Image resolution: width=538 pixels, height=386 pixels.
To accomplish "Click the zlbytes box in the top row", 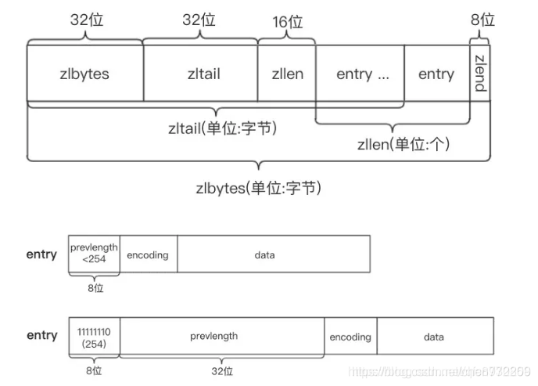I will (x=84, y=74).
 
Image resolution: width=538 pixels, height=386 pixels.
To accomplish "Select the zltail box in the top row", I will (x=200, y=74).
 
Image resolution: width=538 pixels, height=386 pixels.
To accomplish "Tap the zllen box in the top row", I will (x=286, y=74).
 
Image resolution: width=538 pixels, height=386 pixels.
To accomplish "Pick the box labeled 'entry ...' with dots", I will (x=360, y=74).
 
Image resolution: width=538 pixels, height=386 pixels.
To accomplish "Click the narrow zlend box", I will (x=481, y=74).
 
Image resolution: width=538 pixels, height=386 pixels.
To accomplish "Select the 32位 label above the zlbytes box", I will (x=86, y=20).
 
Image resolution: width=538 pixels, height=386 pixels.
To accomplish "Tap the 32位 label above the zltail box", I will (x=199, y=20).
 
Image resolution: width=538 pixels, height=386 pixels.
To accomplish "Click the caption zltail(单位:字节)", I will (x=222, y=128).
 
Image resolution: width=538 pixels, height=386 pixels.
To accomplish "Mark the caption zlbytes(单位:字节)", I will (x=259, y=188).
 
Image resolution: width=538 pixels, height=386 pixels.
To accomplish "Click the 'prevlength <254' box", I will (x=94, y=254).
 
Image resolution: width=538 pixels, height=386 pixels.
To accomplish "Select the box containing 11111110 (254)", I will (x=94, y=337).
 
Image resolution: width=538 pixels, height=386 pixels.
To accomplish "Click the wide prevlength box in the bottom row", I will (x=222, y=337).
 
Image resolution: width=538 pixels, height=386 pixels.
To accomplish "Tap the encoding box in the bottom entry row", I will (x=350, y=337).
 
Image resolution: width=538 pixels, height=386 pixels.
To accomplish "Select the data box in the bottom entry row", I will (x=435, y=337).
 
